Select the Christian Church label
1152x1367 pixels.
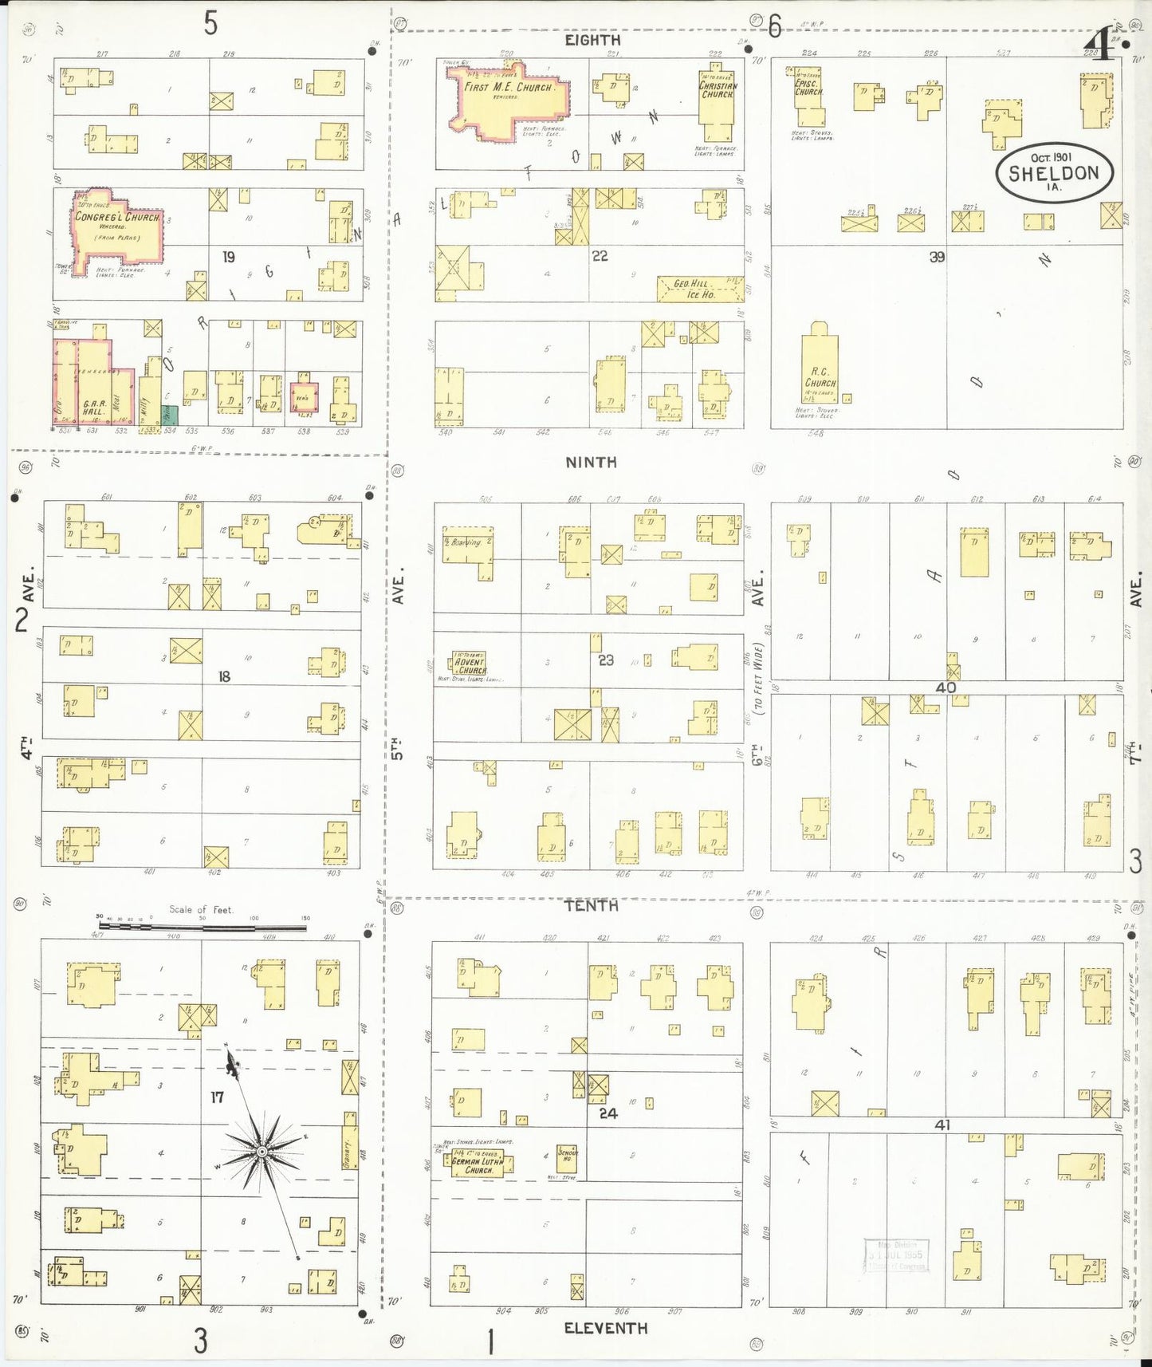click(718, 90)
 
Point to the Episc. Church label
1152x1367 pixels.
click(808, 87)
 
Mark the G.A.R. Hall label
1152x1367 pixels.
click(94, 408)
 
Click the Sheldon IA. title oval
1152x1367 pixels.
click(1054, 172)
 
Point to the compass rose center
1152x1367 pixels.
click(261, 1151)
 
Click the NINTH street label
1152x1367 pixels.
click(591, 463)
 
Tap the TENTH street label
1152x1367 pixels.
click(591, 905)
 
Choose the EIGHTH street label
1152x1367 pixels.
click(592, 40)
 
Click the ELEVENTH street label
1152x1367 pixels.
click(605, 1328)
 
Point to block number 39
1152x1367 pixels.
click(937, 257)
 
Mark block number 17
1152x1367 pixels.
click(217, 1097)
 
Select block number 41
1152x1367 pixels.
click(943, 1125)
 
